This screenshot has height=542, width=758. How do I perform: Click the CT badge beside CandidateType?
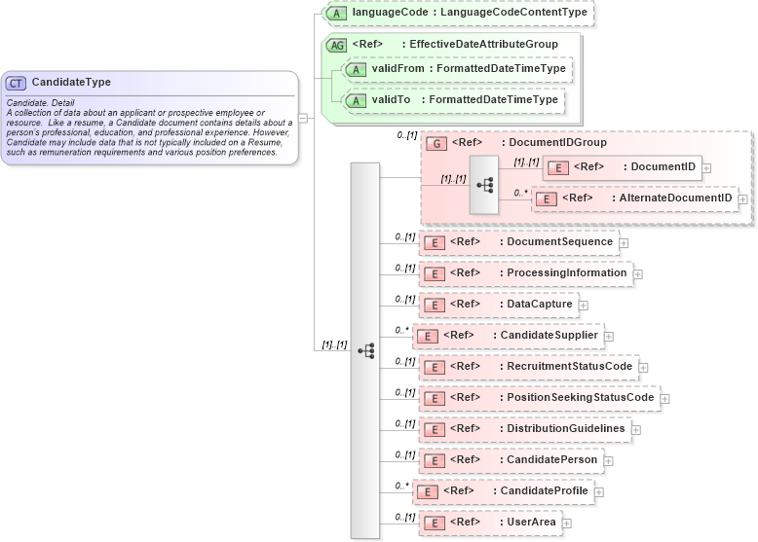[x=17, y=83]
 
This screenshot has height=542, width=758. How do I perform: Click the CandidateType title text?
[x=71, y=83]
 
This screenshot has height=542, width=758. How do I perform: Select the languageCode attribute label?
[x=470, y=14]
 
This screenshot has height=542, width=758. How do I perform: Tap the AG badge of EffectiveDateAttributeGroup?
[x=336, y=45]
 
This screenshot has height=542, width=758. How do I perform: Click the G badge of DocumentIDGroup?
[x=437, y=143]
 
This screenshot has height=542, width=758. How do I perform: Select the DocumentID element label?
[x=663, y=166]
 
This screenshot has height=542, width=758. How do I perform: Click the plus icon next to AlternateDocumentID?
[x=743, y=199]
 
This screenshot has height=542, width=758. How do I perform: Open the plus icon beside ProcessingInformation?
[x=638, y=273]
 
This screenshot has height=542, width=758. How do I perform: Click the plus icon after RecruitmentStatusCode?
[x=643, y=367]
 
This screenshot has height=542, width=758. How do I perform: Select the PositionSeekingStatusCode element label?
[x=580, y=397]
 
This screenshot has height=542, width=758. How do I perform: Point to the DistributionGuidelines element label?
[x=566, y=428]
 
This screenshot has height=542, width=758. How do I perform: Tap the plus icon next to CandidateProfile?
[x=599, y=491]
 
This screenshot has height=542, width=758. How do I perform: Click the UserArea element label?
[x=531, y=523]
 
